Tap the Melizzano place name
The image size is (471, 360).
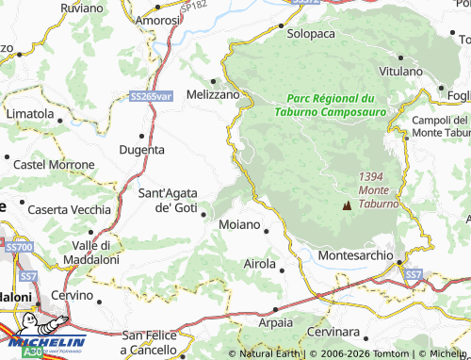(213, 94)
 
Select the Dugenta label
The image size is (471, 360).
(142, 149)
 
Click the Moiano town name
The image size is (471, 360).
(240, 226)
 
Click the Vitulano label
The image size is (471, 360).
(400, 72)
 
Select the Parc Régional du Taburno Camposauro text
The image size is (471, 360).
(331, 104)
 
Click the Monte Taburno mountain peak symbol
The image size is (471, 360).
(347, 204)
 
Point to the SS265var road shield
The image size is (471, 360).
(152, 96)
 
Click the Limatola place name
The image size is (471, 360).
(29, 113)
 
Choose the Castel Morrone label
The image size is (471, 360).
(54, 165)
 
